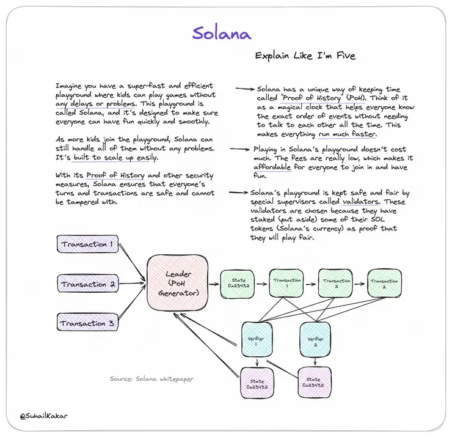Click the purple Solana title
222,32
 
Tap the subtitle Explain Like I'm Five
305,56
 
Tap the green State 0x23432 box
238,284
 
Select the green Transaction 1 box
287,284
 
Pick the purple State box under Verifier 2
313,383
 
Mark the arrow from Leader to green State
210,284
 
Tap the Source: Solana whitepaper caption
151,379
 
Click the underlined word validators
362,201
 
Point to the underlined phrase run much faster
347,134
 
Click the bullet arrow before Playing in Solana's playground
240,149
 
